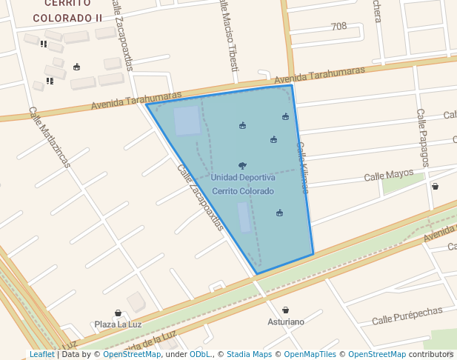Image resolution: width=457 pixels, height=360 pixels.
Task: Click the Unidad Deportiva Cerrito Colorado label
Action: tap(243, 184)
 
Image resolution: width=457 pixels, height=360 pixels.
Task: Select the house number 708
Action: tap(338, 27)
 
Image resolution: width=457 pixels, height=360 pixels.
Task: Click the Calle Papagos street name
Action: tap(422, 138)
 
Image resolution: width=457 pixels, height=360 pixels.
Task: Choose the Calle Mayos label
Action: tap(388, 176)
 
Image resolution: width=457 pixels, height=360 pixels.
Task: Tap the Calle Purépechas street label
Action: tap(407, 316)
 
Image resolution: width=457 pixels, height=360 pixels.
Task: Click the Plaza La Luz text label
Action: tap(118, 324)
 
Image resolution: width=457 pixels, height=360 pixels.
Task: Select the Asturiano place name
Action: tap(286, 322)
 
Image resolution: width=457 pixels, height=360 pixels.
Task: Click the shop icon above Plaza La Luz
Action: tap(118, 313)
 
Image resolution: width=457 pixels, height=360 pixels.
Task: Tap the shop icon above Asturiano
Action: tap(286, 310)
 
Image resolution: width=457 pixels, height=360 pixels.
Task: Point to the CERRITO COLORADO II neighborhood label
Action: tap(67, 10)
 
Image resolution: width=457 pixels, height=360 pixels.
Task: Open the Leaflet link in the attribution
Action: tap(41, 354)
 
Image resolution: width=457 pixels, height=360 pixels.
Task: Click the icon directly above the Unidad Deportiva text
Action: tap(242, 166)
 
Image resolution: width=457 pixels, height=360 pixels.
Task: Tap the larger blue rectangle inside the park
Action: tap(187, 121)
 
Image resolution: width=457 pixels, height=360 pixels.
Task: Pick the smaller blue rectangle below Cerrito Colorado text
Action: tap(244, 217)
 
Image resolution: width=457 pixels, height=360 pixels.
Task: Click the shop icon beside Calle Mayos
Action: tap(435, 187)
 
